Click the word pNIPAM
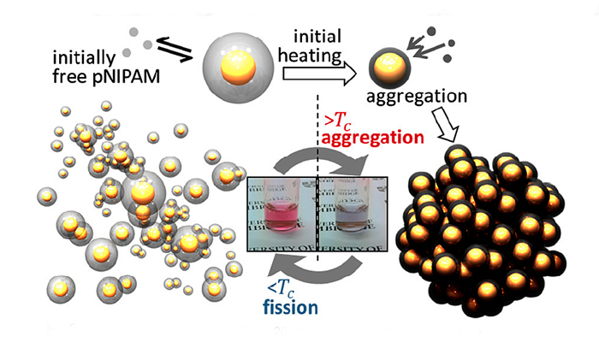(133, 85)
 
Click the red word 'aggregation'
(370, 137)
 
